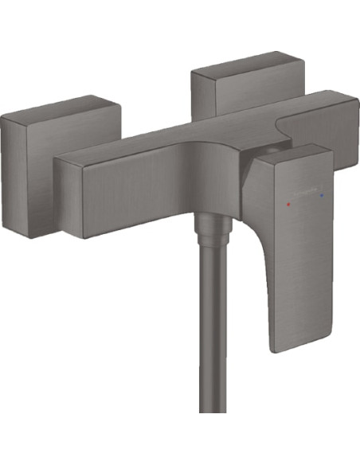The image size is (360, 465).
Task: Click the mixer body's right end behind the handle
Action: [338, 127]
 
